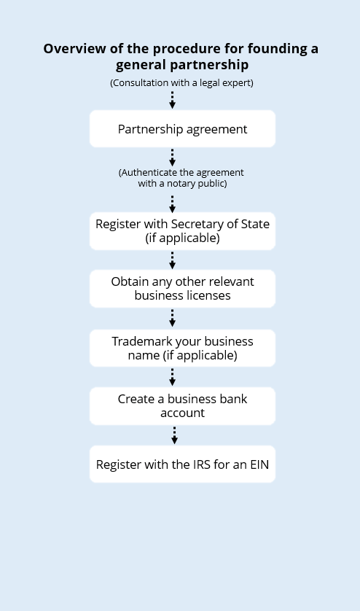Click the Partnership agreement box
[182, 128]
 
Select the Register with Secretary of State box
[182, 231]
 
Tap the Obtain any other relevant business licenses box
[182, 289]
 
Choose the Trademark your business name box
[182, 348]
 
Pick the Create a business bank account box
[182, 406]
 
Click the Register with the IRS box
[182, 464]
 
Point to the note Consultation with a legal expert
[181, 83]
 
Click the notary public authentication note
[181, 178]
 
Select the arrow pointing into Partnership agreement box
[172, 100]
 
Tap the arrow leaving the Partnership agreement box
[172, 157]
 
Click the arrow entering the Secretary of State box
[172, 204]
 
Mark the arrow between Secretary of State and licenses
[172, 260]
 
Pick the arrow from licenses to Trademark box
[172, 318]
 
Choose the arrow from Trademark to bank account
[172, 377]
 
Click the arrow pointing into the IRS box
[174, 435]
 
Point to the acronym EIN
[259, 464]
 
